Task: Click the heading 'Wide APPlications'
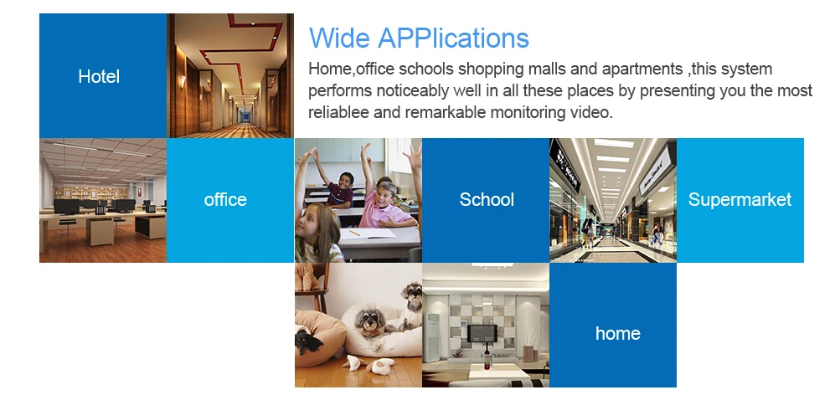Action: [419, 38]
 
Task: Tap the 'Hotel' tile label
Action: [99, 76]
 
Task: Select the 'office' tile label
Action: [225, 199]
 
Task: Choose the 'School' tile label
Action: [487, 199]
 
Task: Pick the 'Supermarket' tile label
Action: [740, 199]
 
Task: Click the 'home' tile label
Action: [618, 333]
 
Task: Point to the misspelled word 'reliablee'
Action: [338, 112]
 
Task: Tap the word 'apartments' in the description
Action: [642, 69]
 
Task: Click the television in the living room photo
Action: [482, 334]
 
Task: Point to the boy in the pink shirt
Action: [386, 205]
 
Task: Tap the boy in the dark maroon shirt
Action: [341, 190]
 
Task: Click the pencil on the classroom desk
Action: [354, 233]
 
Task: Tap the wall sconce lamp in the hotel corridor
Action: [182, 82]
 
